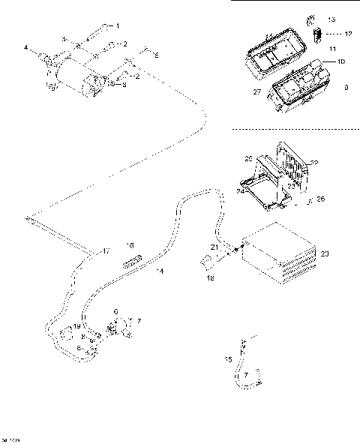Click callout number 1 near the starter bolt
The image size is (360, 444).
click(116, 25)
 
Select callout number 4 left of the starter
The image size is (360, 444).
click(25, 48)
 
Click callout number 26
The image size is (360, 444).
click(320, 199)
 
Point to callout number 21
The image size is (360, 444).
click(214, 247)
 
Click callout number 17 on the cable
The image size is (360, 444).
click(106, 250)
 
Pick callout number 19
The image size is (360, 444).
click(77, 328)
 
